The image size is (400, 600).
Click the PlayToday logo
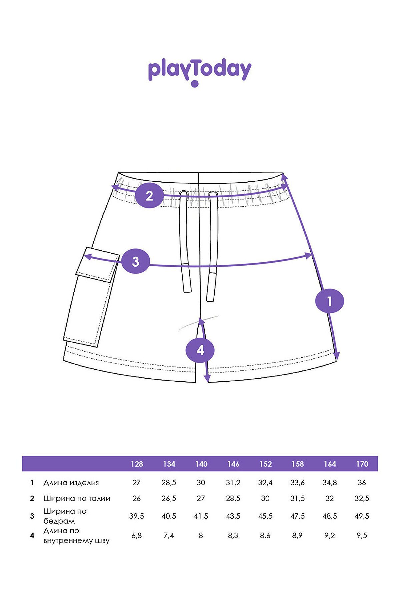pos(199,73)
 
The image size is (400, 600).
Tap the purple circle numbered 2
pos(149,196)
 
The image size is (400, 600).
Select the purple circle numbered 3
pos(135,261)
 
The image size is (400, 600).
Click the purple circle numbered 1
pos(329,301)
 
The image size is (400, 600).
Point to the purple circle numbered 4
pos(200,350)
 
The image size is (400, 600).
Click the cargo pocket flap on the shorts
pos(98,265)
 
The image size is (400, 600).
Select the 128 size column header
pos(137,464)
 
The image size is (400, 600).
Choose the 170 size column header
pos(362,464)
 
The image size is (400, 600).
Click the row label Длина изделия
pos(71,483)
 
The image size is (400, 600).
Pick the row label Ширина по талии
pos(77,499)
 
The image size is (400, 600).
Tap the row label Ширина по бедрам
pos(65,516)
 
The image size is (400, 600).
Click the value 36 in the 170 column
pos(362,483)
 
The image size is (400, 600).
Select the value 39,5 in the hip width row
pos(137,516)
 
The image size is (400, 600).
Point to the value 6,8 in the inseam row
pos(137,536)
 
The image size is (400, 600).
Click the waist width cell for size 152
pos(265,499)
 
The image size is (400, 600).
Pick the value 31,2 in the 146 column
pos(233,483)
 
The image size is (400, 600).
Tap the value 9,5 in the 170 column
pos(362,536)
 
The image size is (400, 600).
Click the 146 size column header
pos(233,464)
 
